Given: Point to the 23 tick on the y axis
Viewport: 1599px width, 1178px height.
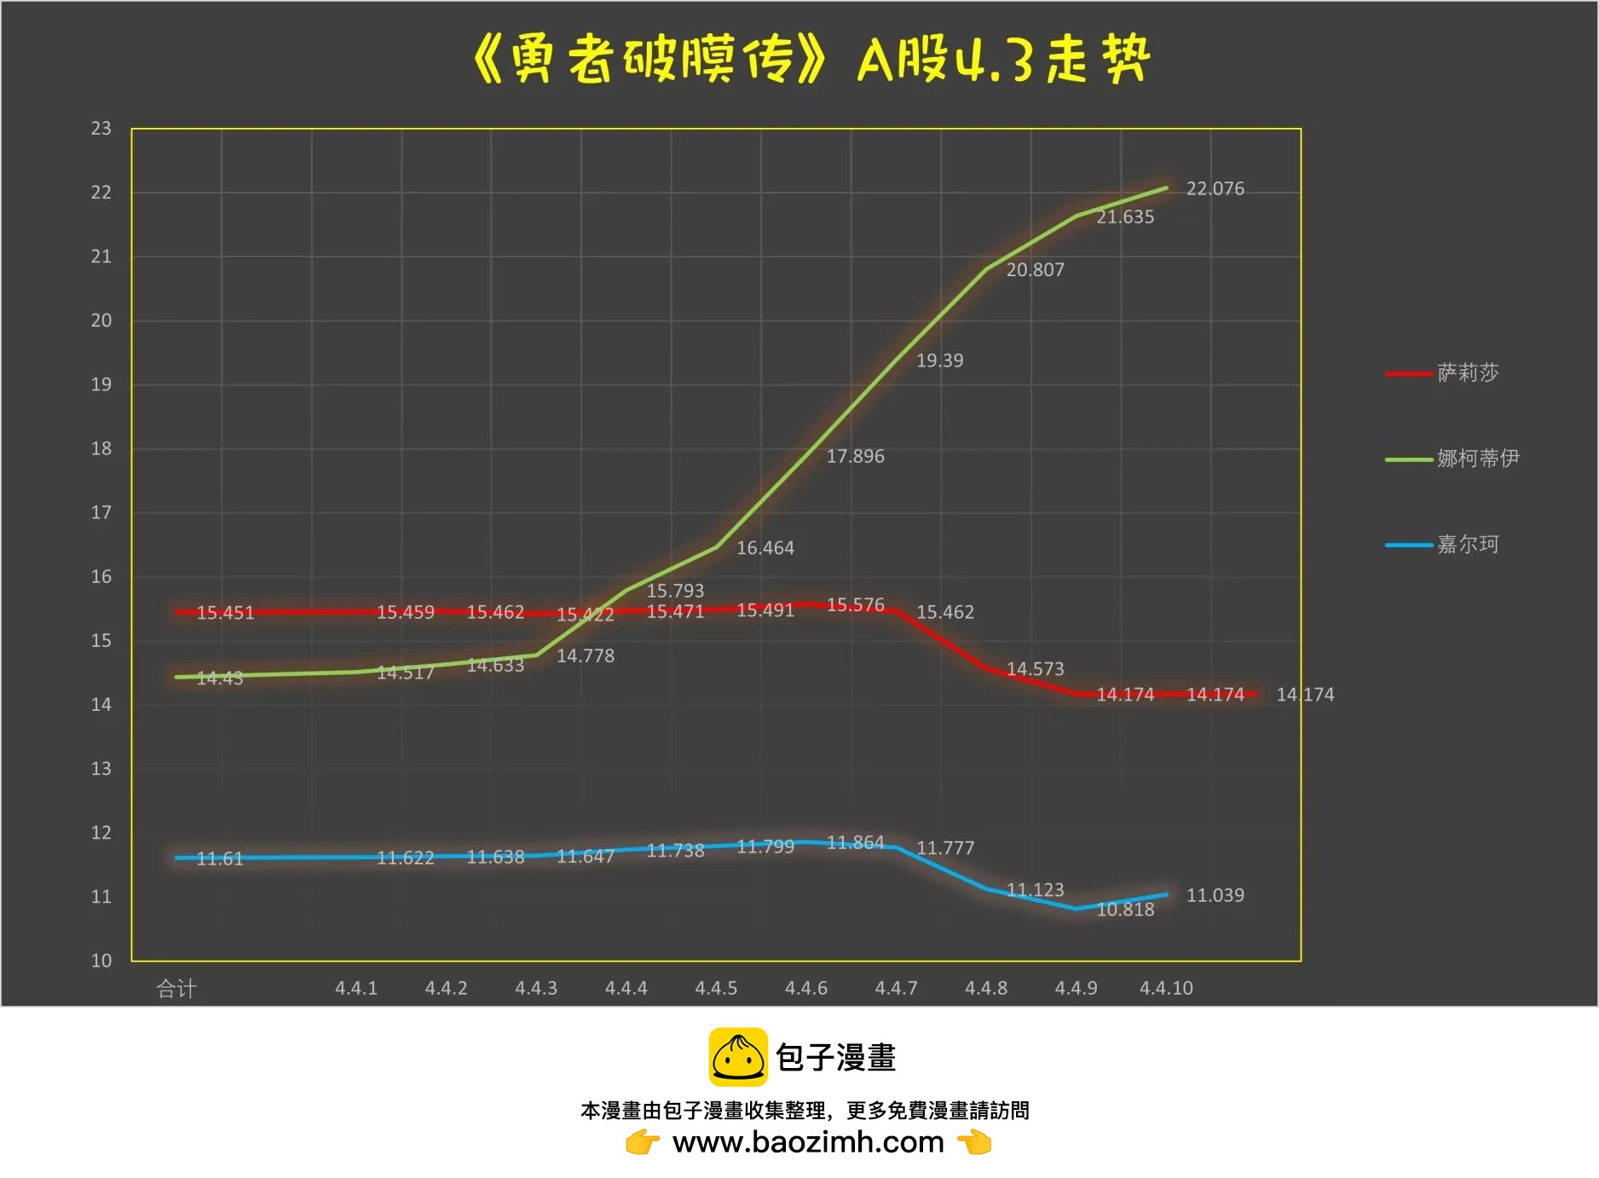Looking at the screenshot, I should [x=101, y=129].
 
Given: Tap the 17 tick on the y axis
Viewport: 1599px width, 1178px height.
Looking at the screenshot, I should [x=101, y=512].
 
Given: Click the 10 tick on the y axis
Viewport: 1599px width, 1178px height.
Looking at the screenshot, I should [x=101, y=961].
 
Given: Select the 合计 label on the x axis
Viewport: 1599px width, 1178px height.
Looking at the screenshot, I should [x=176, y=989].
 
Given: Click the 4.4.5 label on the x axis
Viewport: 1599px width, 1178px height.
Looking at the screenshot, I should [x=716, y=989].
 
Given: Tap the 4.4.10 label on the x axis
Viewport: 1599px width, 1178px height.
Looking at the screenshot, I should [x=1166, y=989].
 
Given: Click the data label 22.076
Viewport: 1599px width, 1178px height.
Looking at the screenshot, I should [x=1215, y=188].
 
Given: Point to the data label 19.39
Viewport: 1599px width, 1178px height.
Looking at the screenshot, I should [x=939, y=361].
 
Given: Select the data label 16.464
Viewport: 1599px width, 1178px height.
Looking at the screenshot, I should [x=765, y=548].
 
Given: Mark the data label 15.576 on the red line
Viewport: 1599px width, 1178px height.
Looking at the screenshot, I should [x=855, y=604].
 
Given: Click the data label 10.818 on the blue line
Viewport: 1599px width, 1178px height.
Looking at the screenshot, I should [x=1125, y=909].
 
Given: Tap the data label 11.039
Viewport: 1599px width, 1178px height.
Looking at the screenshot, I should [x=1215, y=895].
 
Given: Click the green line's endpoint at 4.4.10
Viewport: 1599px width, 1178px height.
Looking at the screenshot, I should [x=1166, y=188].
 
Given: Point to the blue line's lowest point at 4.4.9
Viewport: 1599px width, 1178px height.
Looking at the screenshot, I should [x=1077, y=909].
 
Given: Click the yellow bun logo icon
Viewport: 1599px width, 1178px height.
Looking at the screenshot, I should [x=738, y=1057].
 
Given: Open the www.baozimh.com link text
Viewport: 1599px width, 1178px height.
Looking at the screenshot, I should [x=808, y=1142].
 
